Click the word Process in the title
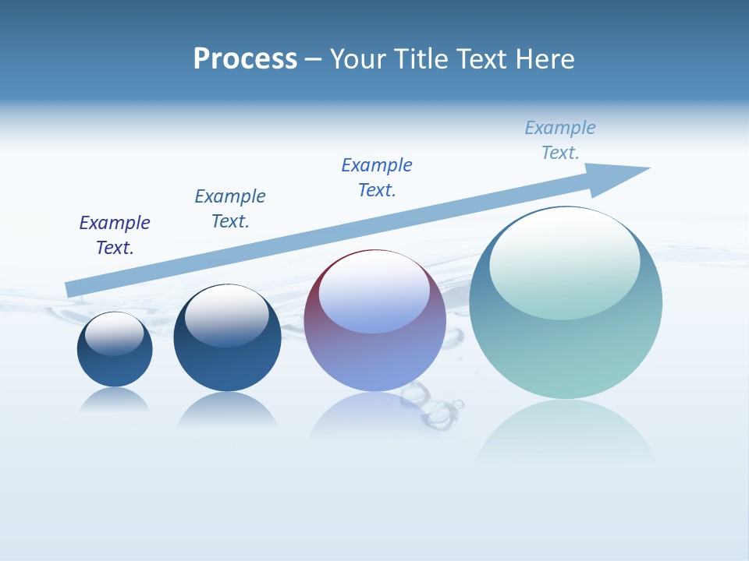(x=245, y=59)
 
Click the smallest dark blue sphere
(x=115, y=366)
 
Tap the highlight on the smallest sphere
(x=115, y=333)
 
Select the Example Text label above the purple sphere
(x=377, y=178)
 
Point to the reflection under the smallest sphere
(x=115, y=400)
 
